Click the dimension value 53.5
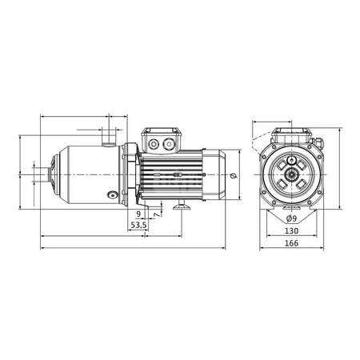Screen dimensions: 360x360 pos(138,226)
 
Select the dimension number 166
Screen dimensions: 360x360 pos(291,243)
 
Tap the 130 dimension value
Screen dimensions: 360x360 pos(291,231)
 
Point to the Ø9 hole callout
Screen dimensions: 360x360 pos(291,218)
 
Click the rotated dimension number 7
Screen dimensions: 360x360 pos(158,214)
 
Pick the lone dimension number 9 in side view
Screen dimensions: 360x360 pos(138,214)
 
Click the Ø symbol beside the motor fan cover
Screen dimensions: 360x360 pos(234,175)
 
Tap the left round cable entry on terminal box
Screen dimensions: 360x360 pos(154,144)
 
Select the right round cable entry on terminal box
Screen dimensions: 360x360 pos(169,144)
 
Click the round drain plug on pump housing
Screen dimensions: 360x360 pos(112,195)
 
